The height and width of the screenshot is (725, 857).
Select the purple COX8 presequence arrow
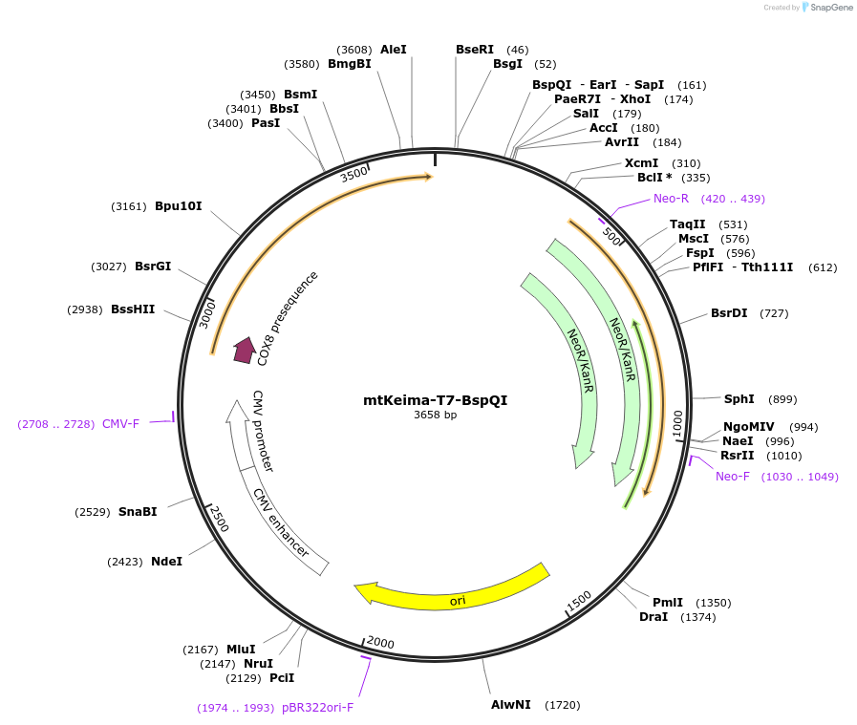[x=245, y=350]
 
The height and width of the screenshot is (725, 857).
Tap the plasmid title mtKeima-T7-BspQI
[x=435, y=400]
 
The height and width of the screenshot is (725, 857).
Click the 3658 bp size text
[x=435, y=415]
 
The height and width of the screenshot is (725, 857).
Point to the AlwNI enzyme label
[x=511, y=705]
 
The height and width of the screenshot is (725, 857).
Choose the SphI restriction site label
[x=739, y=399]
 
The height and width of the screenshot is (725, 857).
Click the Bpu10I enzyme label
[x=178, y=206]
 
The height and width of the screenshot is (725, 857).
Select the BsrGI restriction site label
[x=153, y=267]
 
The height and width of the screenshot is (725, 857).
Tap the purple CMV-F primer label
[x=120, y=424]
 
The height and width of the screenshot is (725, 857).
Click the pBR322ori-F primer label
[x=317, y=708]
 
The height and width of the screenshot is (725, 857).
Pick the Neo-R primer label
[x=671, y=199]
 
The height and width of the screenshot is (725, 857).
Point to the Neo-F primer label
[x=733, y=477]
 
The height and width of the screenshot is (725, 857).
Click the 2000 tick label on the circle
[x=380, y=642]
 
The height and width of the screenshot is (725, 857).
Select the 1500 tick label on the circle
[x=579, y=601]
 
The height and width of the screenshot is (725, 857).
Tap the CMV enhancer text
[x=281, y=522]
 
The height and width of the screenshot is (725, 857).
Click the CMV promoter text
[x=263, y=431]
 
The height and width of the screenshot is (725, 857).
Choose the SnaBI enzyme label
[x=138, y=512]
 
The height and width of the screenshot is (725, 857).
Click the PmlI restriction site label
[x=668, y=602]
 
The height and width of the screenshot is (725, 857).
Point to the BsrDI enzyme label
[x=729, y=313]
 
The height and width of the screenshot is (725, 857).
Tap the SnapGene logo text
[x=831, y=7]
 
